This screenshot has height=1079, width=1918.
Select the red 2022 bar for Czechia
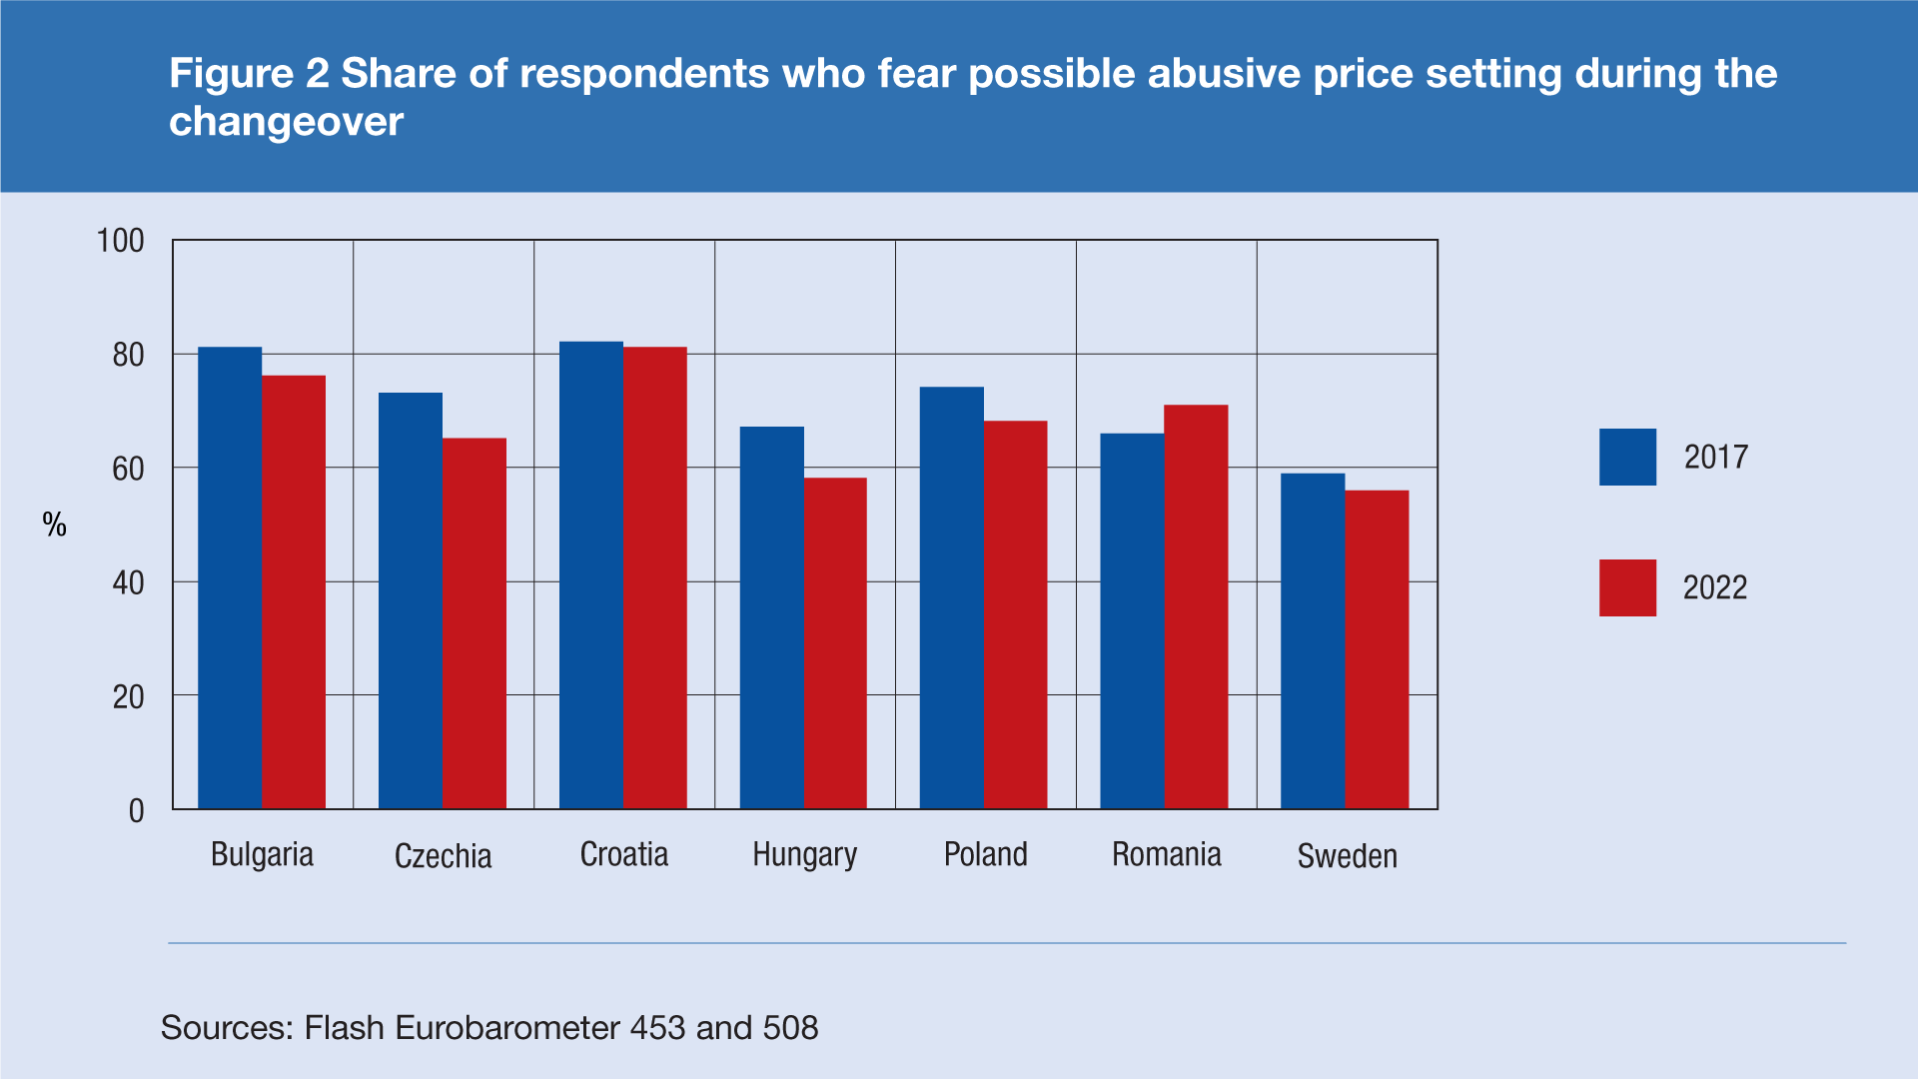tap(475, 623)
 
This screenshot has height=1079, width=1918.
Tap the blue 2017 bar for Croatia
tap(590, 575)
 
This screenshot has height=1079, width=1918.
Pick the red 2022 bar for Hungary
tap(835, 643)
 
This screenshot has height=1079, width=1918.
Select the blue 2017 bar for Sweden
tap(1313, 640)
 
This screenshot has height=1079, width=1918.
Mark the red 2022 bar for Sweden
tap(1377, 649)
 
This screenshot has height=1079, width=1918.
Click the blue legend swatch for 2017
tap(1627, 457)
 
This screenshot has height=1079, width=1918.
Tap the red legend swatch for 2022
tap(1627, 587)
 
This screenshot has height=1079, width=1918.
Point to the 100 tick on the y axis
tap(120, 241)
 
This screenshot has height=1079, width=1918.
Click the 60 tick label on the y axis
tap(128, 469)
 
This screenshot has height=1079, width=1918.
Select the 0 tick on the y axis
tap(137, 810)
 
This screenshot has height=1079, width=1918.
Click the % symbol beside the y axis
tap(55, 525)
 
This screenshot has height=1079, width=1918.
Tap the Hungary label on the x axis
tap(804, 855)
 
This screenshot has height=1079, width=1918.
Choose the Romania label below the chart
tap(1166, 855)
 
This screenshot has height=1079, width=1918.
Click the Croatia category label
tap(624, 855)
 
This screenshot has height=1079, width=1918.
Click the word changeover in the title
tap(286, 122)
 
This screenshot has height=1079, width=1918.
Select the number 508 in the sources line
tap(790, 1027)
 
